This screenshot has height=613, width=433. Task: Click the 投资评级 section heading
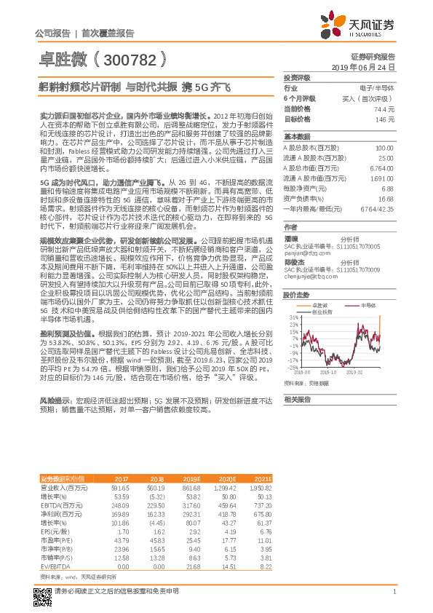coord(297,77)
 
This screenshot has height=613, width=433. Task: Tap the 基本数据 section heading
coord(297,137)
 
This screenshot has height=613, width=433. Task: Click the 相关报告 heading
coord(297,399)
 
